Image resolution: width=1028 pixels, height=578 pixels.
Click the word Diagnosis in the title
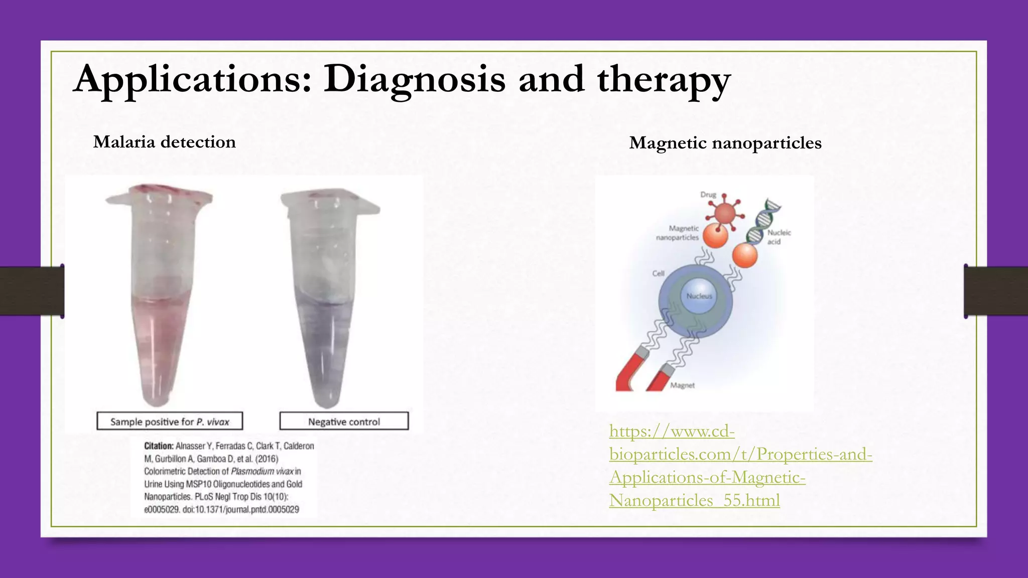tap(414, 79)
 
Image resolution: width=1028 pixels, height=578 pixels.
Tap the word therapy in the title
tap(664, 80)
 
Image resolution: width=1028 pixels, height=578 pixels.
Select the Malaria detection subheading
tap(164, 142)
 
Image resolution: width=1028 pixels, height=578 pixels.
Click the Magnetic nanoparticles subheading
tap(725, 143)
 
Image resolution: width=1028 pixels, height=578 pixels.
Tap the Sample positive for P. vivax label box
tap(170, 421)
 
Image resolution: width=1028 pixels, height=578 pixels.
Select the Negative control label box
tap(344, 421)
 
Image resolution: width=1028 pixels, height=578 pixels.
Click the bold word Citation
tap(159, 446)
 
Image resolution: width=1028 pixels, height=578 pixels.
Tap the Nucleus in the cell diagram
tap(699, 296)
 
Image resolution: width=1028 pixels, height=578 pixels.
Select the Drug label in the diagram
tap(708, 195)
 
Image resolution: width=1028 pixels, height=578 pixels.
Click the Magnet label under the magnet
tap(682, 386)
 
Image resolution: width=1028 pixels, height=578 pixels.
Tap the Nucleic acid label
tap(779, 237)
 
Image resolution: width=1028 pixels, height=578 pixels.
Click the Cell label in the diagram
tap(658, 273)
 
